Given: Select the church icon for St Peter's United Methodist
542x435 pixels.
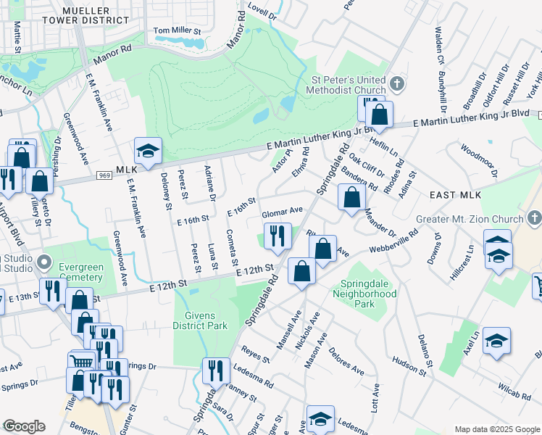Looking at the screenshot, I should pyautogui.click(x=396, y=84).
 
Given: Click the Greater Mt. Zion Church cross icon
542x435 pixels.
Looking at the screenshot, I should pyautogui.click(x=534, y=218).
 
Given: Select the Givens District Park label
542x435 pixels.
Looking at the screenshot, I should pyautogui.click(x=201, y=320).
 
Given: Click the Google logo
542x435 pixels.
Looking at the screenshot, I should pyautogui.click(x=24, y=426).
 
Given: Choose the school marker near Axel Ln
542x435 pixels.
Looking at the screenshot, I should pyautogui.click(x=496, y=340).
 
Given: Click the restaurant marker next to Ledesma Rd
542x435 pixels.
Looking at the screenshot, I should pyautogui.click(x=216, y=370).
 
